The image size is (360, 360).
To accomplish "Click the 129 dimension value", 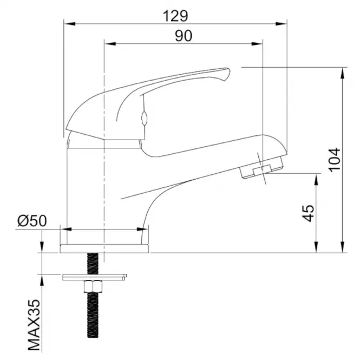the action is (x=175, y=16).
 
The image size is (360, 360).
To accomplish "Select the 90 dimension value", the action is (x=184, y=36).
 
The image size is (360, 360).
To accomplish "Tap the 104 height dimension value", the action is (x=334, y=160).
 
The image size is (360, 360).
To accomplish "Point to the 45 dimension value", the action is (x=308, y=213).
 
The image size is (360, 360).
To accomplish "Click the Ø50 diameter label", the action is (x=32, y=221).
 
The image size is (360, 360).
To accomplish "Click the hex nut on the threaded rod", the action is (x=93, y=286).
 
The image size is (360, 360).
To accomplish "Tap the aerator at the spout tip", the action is (x=261, y=167).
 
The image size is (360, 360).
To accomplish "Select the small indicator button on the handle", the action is (x=144, y=118).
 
